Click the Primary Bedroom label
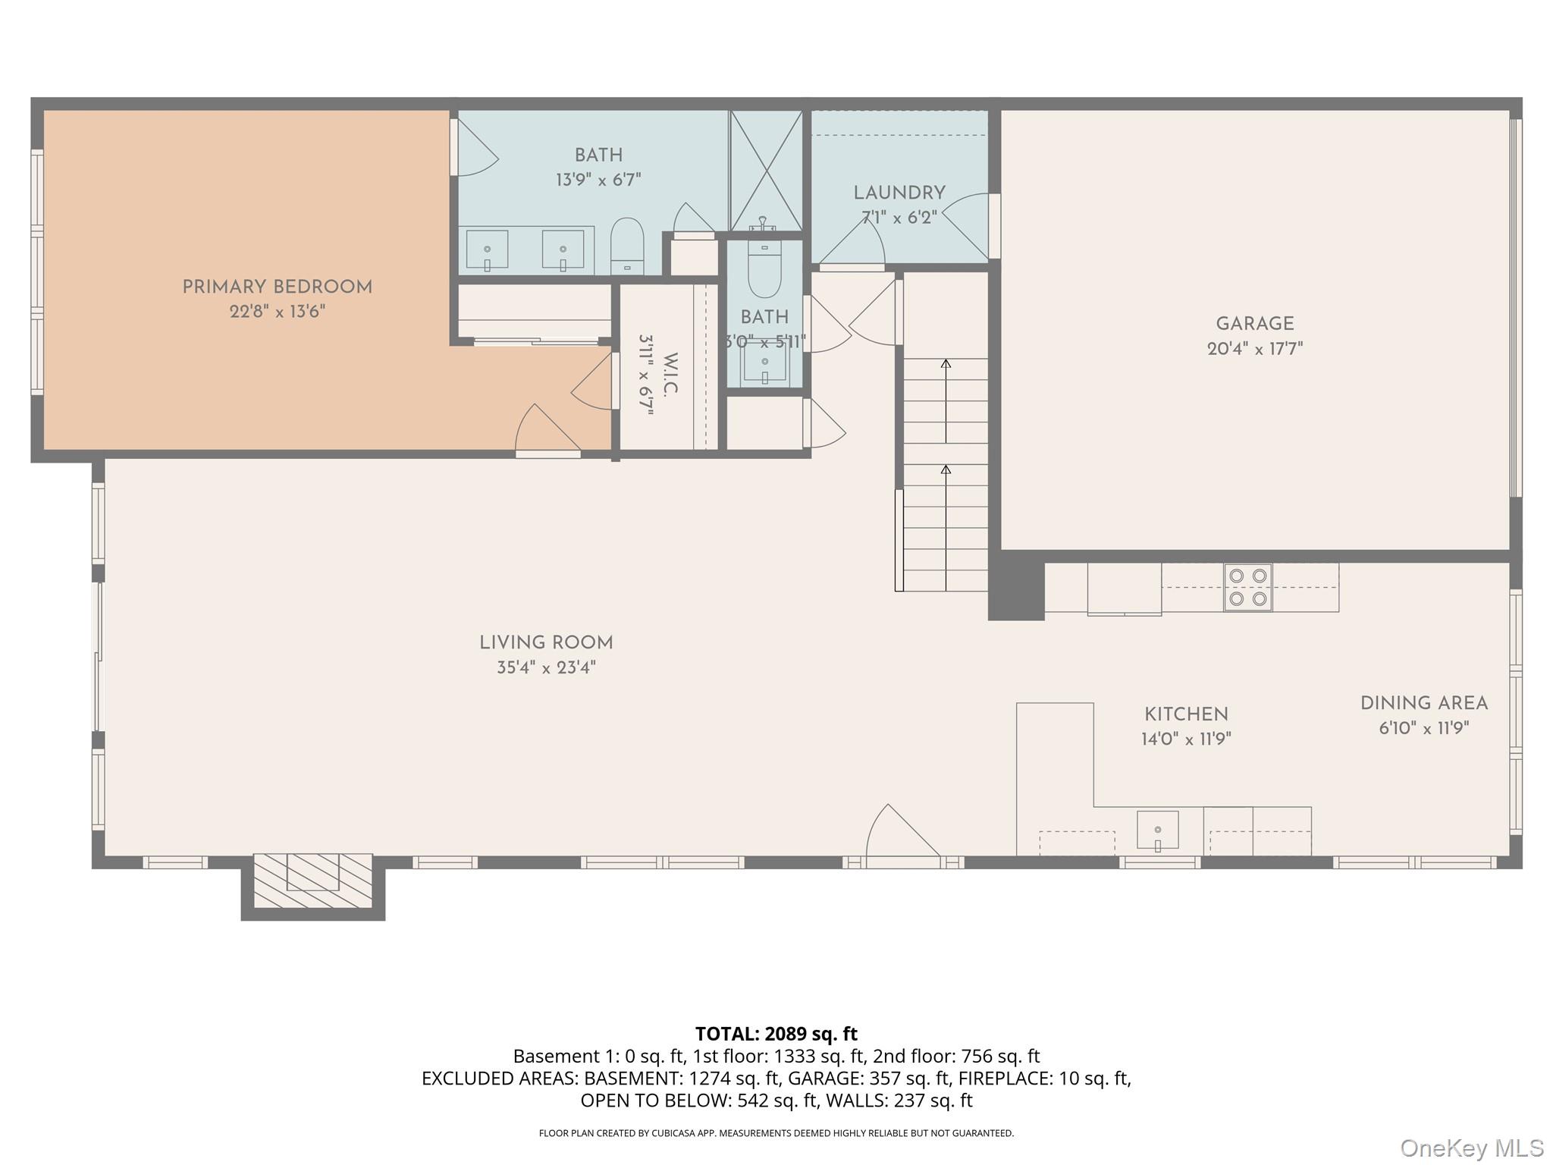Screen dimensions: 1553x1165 click(x=278, y=287)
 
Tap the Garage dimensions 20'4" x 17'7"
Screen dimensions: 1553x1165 click(x=1255, y=349)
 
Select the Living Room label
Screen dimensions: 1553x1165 click(x=546, y=643)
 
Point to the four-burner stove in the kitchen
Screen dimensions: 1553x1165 click(x=1248, y=587)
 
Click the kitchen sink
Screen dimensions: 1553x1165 click(x=1157, y=831)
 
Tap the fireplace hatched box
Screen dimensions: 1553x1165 click(x=312, y=880)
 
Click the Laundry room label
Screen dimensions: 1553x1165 click(x=899, y=193)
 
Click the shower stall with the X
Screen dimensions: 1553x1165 click(x=766, y=171)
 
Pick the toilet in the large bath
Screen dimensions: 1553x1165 click(x=627, y=246)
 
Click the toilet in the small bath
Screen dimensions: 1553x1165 click(x=764, y=269)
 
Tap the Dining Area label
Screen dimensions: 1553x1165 click(x=1424, y=704)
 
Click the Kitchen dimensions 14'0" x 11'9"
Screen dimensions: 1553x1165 click(x=1186, y=739)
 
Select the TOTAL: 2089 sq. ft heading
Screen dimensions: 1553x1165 click(x=776, y=1034)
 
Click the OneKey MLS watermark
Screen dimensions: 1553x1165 click(x=1472, y=1148)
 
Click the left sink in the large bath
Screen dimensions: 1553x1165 click(x=487, y=250)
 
